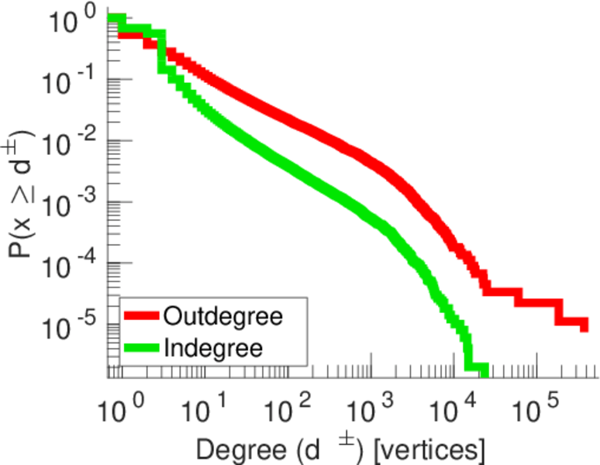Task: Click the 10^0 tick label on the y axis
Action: pos(74,21)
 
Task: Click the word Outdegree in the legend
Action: pos(222,316)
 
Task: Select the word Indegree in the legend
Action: pos(213,347)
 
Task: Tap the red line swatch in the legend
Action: pos(142,317)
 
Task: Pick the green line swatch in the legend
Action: pos(142,348)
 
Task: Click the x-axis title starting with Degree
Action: pos(341,448)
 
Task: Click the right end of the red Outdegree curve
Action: pos(584,326)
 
